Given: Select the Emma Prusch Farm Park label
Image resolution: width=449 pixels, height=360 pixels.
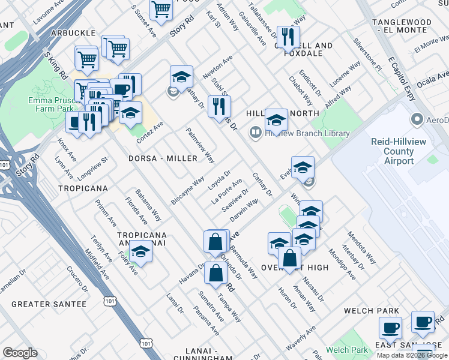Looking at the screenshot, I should pyautogui.click(x=50, y=104).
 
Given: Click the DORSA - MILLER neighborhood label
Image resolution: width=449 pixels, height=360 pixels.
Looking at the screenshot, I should pyautogui.click(x=163, y=158).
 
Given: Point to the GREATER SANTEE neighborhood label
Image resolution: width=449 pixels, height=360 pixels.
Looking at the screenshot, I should pyautogui.click(x=49, y=304).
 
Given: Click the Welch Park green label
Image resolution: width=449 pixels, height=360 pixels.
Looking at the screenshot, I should pyautogui.click(x=346, y=350).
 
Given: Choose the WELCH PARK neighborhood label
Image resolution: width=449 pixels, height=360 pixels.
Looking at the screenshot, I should pyautogui.click(x=372, y=311).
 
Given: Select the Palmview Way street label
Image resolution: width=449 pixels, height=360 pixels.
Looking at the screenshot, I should pyautogui.click(x=200, y=145).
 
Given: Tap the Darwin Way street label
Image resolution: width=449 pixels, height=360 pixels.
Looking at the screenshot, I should pyautogui.click(x=244, y=210).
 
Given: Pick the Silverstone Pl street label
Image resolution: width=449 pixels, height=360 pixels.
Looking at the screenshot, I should pyautogui.click(x=367, y=56).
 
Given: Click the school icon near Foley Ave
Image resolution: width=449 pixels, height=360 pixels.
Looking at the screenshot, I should pyautogui.click(x=140, y=252).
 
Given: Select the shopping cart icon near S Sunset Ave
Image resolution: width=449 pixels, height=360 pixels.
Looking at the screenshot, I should pyautogui.click(x=161, y=9).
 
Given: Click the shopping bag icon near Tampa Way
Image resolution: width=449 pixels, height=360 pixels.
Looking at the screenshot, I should pyautogui.click(x=215, y=273).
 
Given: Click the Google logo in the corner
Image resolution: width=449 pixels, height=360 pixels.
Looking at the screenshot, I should pyautogui.click(x=20, y=352).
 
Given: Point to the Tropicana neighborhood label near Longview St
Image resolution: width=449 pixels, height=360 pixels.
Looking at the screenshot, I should pyautogui.click(x=83, y=188).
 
